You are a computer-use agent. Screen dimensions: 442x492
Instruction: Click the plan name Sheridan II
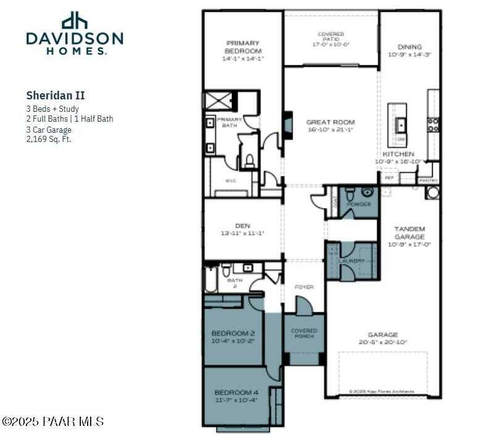click(55, 96)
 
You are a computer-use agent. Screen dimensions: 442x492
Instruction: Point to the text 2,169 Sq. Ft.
click(49, 139)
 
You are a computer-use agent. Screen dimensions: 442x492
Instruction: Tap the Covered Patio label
click(331, 39)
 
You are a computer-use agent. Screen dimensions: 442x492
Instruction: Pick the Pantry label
click(428, 180)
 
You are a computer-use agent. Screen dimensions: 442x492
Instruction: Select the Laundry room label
click(352, 261)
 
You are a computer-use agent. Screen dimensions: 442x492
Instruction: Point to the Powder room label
click(359, 204)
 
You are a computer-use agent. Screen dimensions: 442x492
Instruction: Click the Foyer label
click(304, 287)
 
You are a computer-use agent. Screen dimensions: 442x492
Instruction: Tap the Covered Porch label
click(304, 334)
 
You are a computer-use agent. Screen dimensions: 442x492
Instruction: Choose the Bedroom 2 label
click(233, 337)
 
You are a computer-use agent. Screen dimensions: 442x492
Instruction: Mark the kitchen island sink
click(401, 124)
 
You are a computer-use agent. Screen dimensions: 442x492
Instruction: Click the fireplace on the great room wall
click(287, 122)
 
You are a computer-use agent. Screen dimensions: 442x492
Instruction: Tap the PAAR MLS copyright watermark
click(52, 422)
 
